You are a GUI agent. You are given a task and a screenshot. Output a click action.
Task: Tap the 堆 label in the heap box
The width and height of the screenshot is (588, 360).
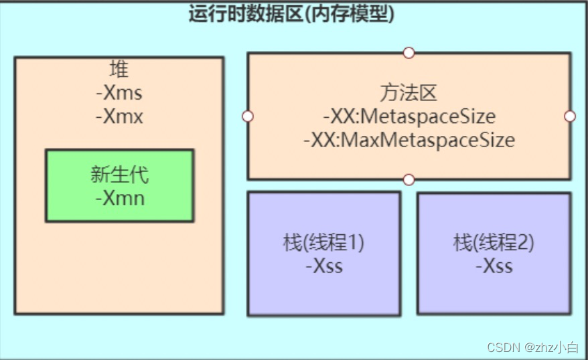click(119, 69)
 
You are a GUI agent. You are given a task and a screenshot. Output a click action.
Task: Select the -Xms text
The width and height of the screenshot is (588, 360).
click(119, 93)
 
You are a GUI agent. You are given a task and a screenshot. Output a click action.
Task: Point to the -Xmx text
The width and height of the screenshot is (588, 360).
click(119, 116)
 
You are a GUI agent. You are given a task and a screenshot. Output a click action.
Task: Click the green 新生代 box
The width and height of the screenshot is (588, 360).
click(119, 207)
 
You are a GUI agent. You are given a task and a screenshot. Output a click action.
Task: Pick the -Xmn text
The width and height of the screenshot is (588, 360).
click(119, 198)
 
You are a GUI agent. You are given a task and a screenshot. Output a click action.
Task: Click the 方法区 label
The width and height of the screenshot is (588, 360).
click(409, 93)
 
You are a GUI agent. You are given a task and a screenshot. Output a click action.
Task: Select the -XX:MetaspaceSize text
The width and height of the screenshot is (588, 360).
click(409, 116)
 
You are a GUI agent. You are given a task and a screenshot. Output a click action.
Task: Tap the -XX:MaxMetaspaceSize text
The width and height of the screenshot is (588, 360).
click(409, 141)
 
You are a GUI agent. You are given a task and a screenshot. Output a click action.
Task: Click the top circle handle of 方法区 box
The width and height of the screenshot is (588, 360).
click(409, 53)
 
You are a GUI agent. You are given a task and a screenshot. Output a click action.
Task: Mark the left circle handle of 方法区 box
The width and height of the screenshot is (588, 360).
click(248, 116)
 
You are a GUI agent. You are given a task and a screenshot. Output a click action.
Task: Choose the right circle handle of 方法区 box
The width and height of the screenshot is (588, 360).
click(570, 116)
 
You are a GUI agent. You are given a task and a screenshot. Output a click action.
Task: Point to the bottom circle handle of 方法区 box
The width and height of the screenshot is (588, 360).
click(409, 179)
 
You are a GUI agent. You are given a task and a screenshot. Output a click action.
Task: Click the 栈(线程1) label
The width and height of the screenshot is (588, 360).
click(324, 242)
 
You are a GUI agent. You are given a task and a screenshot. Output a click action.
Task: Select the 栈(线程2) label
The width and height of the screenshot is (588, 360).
click(494, 242)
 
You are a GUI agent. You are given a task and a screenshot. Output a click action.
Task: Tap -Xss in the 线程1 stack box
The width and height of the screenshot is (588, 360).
click(324, 266)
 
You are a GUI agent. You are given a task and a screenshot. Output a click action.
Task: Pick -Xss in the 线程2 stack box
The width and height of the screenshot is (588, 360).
click(494, 266)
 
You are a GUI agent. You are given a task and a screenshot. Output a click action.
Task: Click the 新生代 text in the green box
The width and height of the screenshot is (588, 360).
click(119, 175)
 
